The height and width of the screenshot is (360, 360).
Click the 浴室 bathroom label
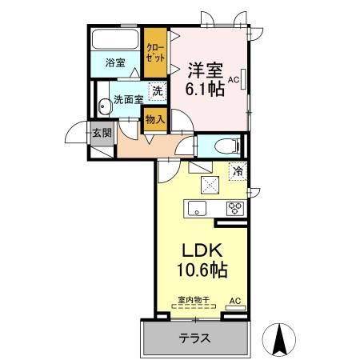[115, 62]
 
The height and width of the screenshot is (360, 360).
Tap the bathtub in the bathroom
[115, 41]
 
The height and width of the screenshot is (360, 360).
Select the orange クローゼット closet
[155, 53]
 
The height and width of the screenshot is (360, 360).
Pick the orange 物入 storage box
[154, 119]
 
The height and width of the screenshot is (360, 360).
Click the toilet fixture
[226, 146]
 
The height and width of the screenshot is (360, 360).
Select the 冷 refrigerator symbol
[238, 170]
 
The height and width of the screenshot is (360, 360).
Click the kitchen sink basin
[197, 209]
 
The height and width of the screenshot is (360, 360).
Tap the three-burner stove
[235, 209]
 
